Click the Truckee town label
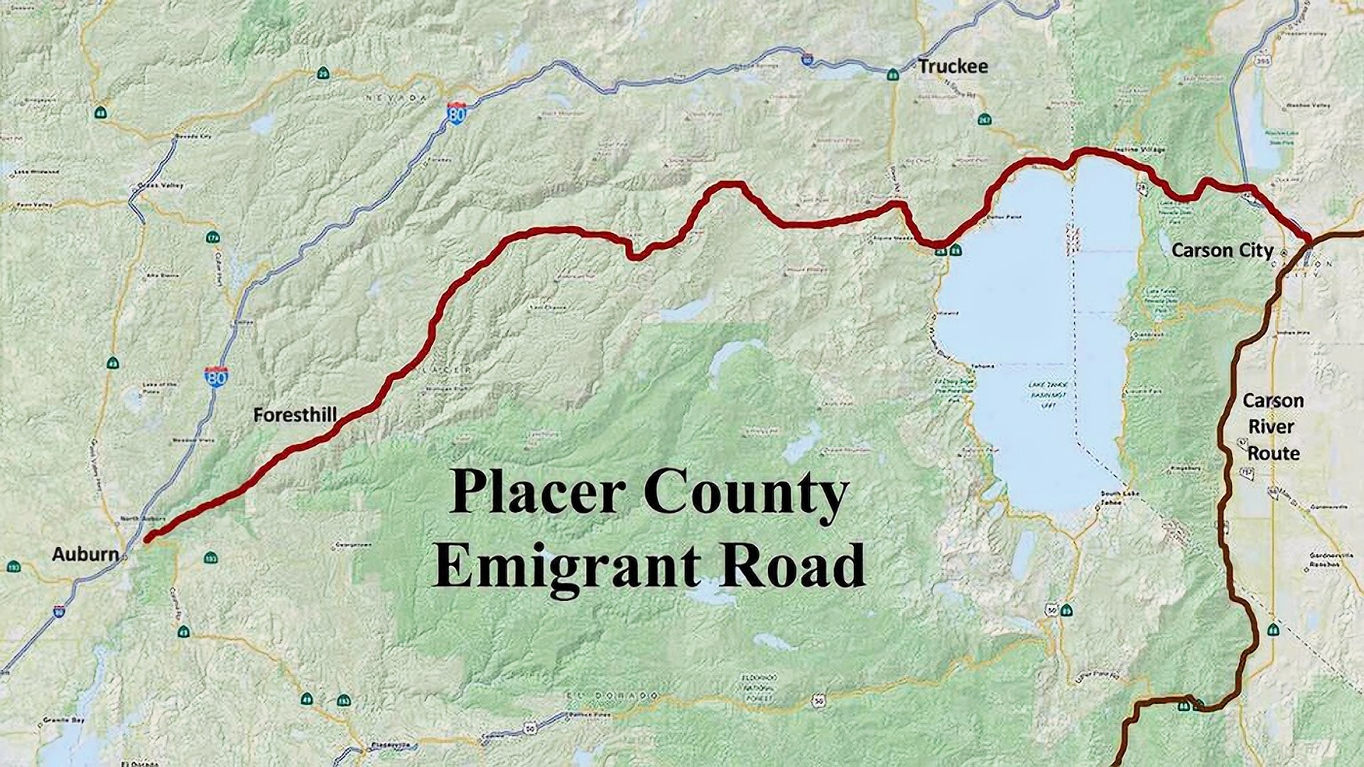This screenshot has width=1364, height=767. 952,67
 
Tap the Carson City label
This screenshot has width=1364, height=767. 1222,251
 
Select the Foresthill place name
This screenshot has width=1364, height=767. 295,415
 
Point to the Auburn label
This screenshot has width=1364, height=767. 85,555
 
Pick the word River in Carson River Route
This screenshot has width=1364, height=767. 1272,427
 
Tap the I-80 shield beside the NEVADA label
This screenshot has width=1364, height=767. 457,113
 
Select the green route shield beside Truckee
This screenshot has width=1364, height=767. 893,73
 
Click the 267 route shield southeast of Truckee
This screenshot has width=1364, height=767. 984,119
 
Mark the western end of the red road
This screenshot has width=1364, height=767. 148,540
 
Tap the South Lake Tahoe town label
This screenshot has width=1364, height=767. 1112,498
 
